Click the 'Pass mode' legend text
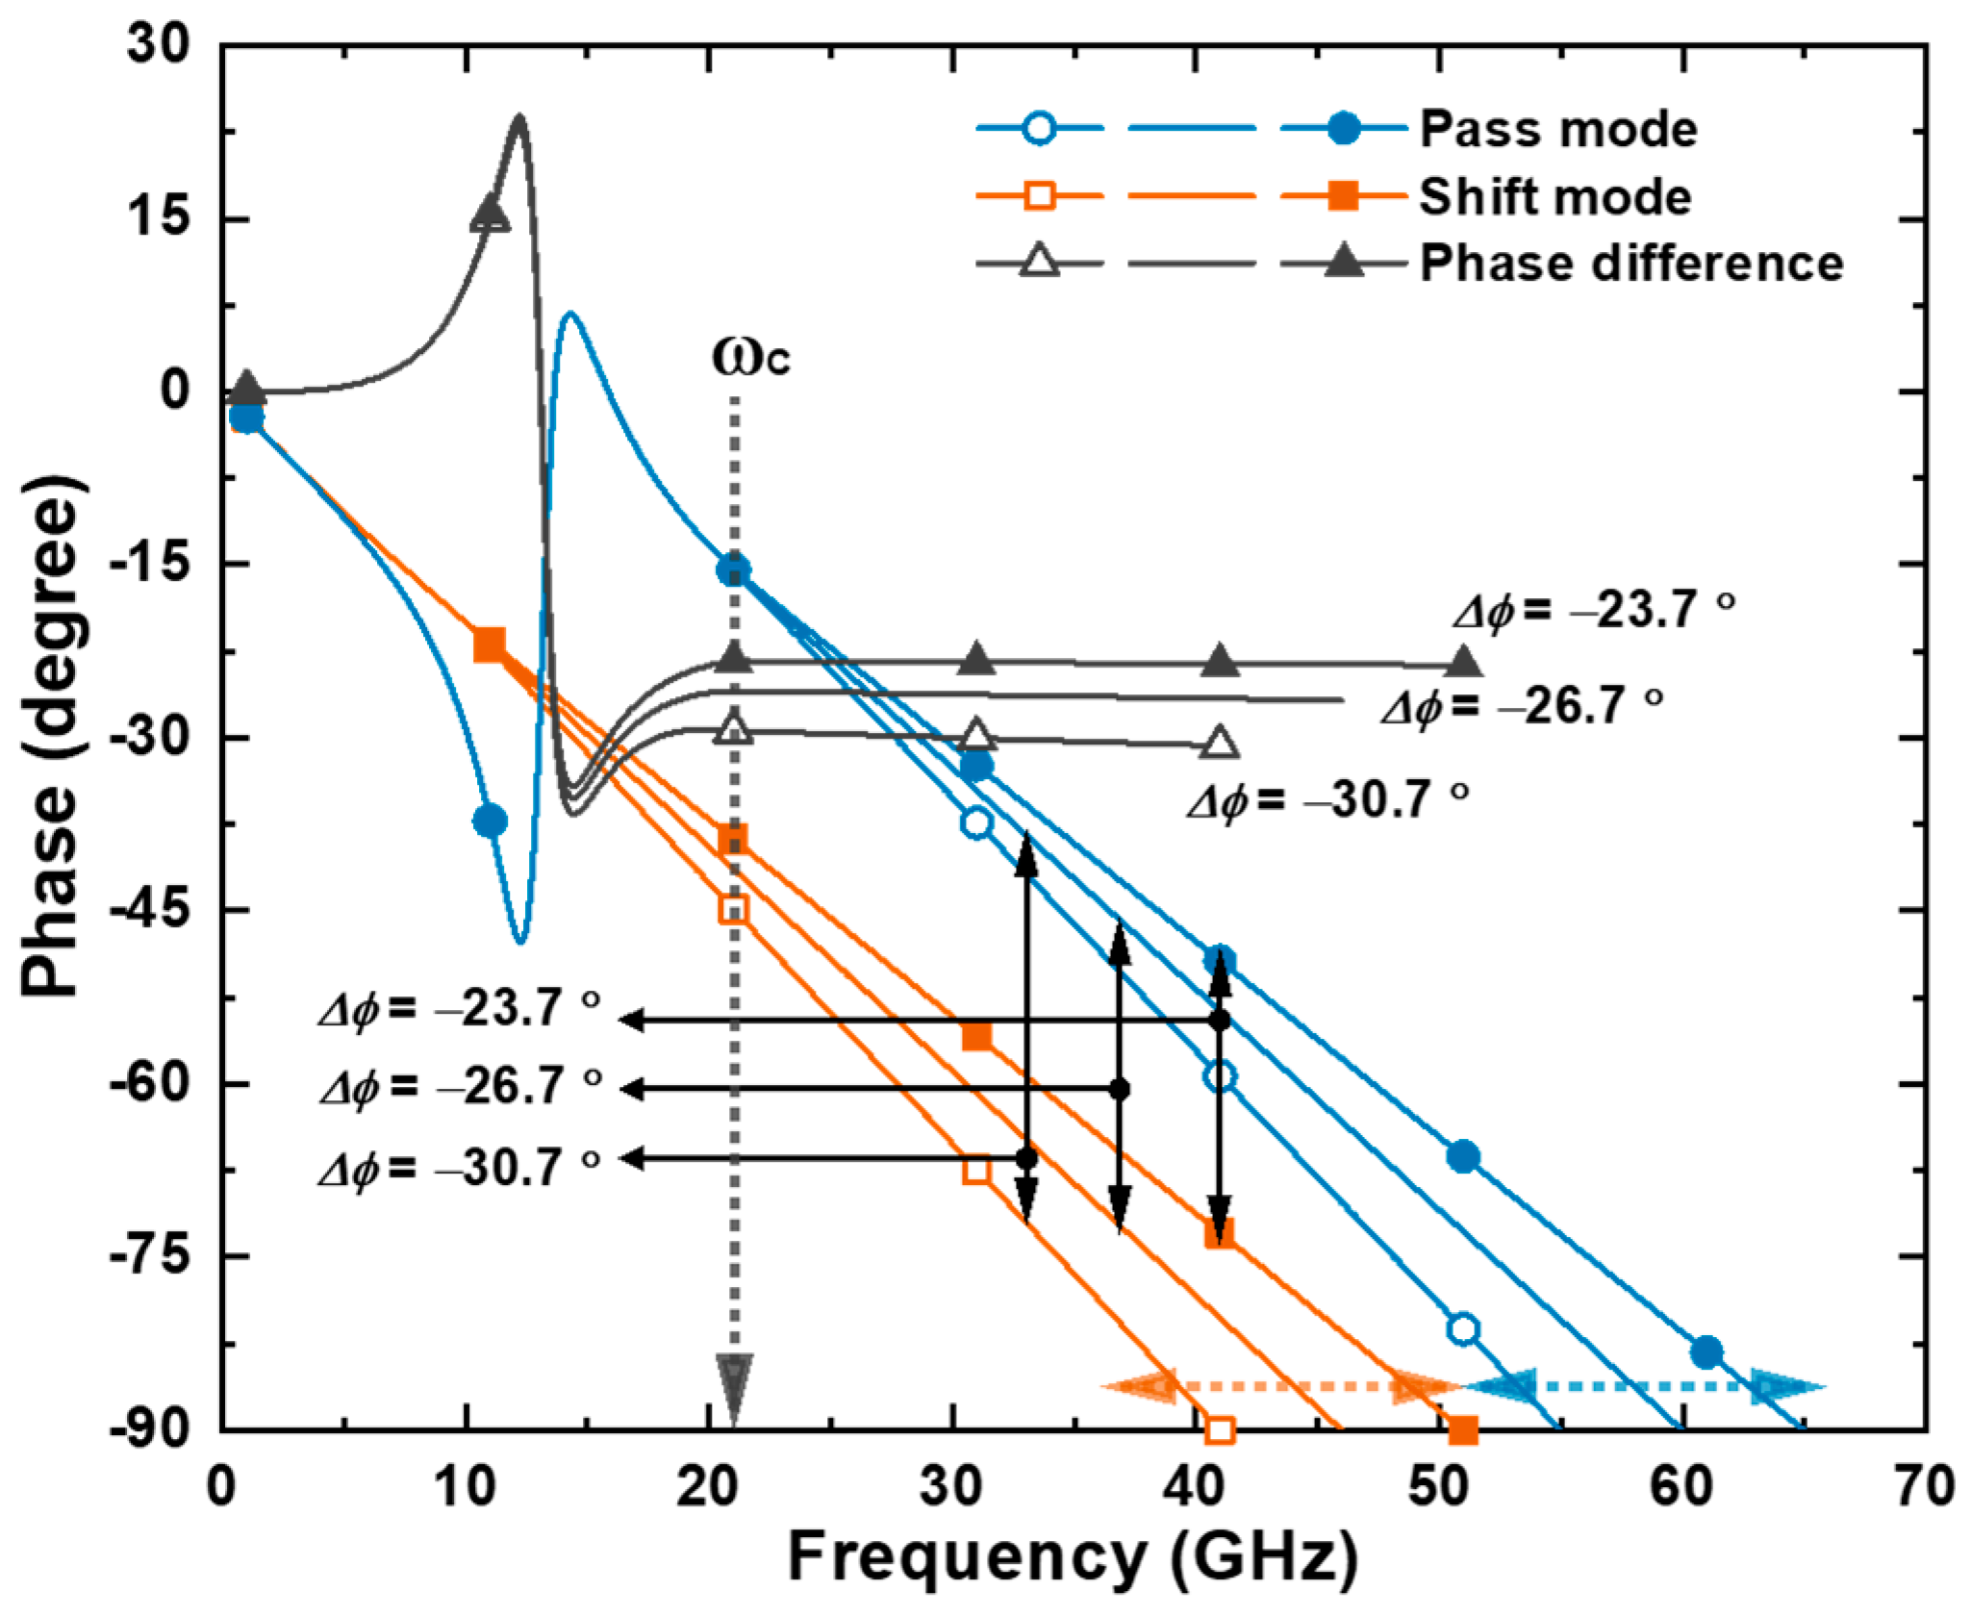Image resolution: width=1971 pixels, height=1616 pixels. tap(1557, 129)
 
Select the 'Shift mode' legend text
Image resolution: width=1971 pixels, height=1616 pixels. tap(1554, 197)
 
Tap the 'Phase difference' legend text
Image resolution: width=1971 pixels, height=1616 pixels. tap(1630, 263)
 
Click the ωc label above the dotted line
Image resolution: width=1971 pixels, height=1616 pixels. tap(751, 358)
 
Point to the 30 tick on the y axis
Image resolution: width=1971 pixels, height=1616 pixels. tap(159, 46)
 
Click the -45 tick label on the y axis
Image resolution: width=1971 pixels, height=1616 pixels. tap(146, 910)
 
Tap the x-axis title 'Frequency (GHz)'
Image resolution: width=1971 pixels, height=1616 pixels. tap(1074, 1558)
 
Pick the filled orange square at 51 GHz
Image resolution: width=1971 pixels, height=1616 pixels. tap(1462, 1430)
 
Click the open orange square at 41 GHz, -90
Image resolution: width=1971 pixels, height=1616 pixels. tap(1219, 1430)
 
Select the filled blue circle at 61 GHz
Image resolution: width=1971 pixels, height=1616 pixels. tap(1706, 1351)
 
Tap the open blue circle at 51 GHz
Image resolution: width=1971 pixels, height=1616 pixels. tap(1462, 1328)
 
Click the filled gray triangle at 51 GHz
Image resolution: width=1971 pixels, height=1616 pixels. tap(1462, 663)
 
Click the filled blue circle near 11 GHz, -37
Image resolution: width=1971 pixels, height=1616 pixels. tap(490, 821)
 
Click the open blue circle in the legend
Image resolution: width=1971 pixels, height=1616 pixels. tap(1041, 129)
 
